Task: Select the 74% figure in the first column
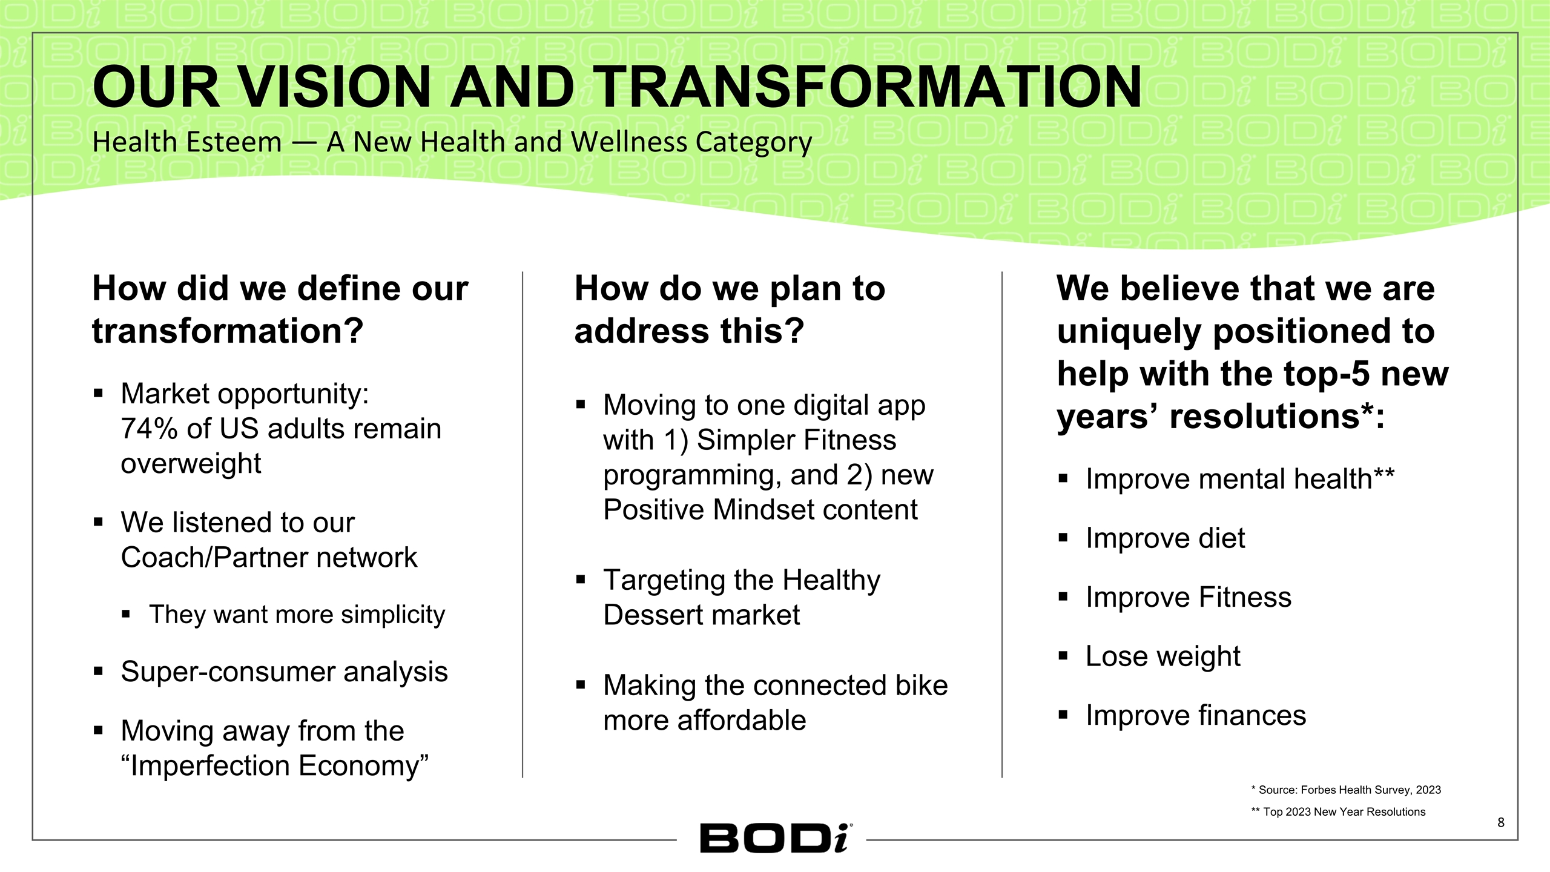[x=148, y=429]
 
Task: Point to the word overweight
[x=191, y=464]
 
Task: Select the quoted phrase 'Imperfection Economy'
[x=274, y=766]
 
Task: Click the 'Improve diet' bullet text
[x=1165, y=538]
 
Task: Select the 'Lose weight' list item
[x=1162, y=656]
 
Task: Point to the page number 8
[x=1500, y=822]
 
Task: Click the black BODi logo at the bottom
[x=775, y=839]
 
